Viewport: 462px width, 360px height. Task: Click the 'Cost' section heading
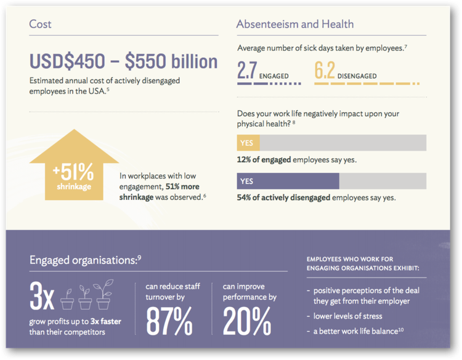coord(41,25)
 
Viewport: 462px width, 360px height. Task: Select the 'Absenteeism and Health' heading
coord(295,25)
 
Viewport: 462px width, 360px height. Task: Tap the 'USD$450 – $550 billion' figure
coord(123,62)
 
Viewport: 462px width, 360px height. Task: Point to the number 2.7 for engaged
coord(247,71)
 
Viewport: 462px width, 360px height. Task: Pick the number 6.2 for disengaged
coord(325,71)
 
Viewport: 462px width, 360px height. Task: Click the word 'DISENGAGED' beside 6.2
coord(358,76)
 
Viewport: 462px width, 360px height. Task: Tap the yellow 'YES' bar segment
coord(248,143)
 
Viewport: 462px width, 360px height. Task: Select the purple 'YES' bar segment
coord(288,181)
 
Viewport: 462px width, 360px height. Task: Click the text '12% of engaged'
coord(264,160)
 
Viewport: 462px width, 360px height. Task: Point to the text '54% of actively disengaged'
coord(283,198)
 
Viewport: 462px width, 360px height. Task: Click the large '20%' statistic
coord(246,321)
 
